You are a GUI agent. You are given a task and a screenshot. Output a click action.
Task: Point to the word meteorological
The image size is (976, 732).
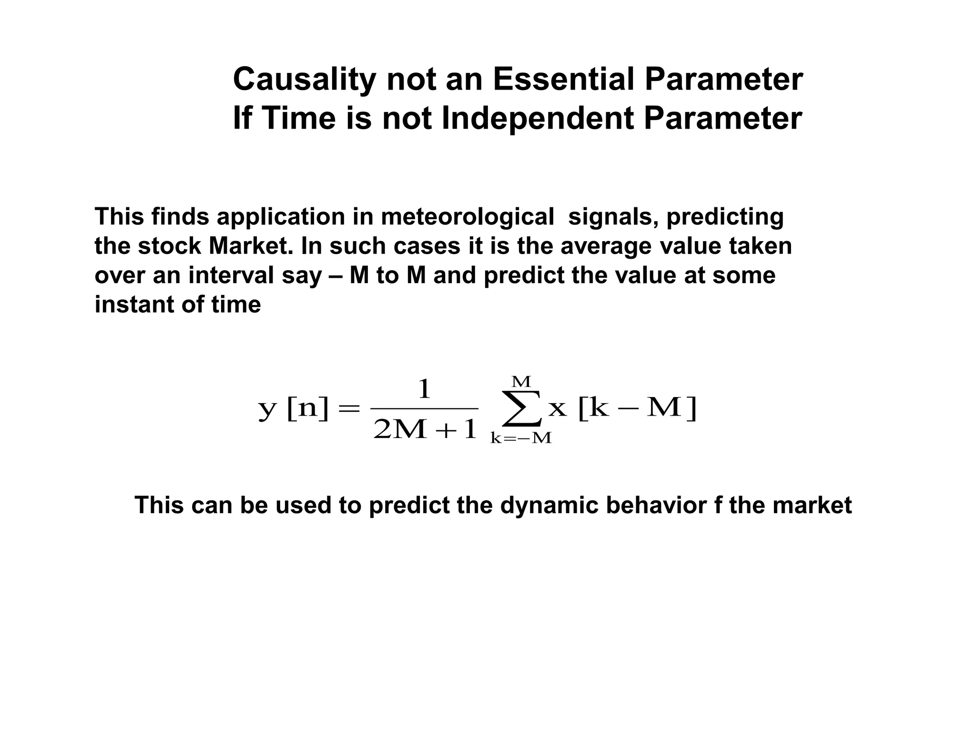467,217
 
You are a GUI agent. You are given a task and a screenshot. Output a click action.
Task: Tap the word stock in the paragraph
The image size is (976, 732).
169,246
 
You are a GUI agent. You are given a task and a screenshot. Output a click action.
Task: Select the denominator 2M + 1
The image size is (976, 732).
425,430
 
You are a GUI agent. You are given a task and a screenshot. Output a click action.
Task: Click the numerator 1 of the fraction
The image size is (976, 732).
424,390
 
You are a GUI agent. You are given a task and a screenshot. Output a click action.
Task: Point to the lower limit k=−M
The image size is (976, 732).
521,438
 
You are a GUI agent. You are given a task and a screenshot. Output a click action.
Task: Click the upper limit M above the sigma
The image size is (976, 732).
521,382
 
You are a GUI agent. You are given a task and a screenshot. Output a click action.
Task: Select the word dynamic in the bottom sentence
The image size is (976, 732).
549,505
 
